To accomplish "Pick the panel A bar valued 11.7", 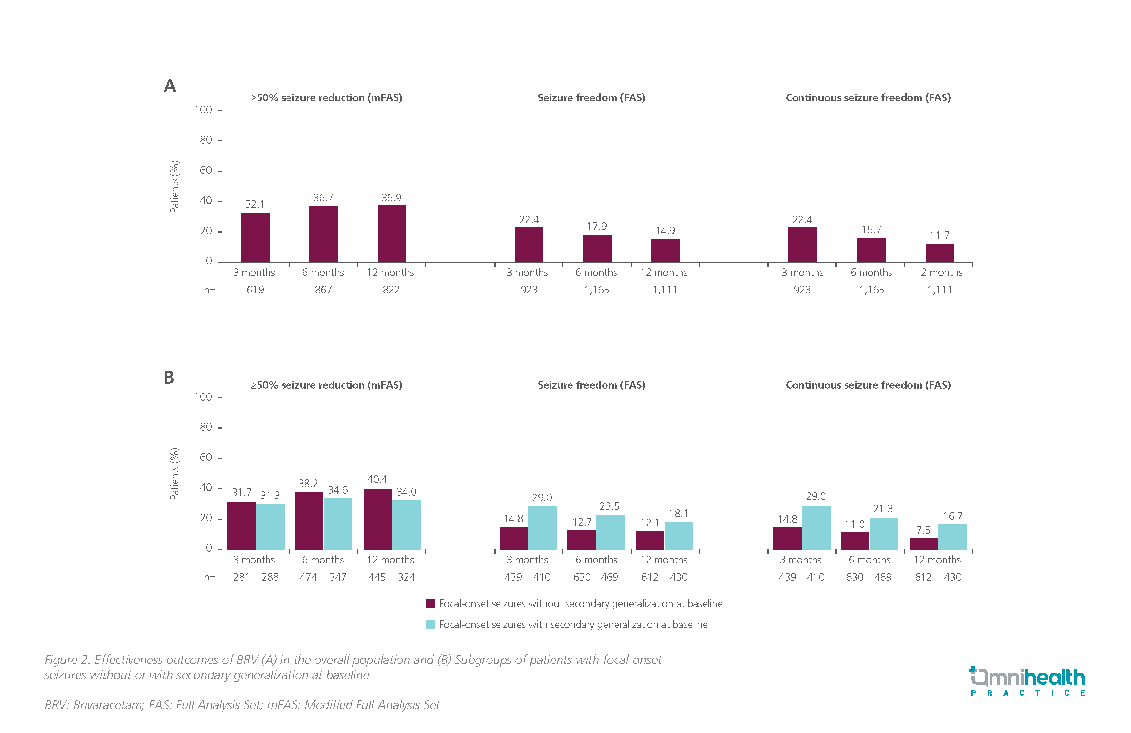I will pos(939,253).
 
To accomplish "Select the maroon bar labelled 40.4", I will pos(378,519).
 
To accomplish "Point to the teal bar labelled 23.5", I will pos(610,532).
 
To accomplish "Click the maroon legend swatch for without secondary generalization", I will pos(431,603).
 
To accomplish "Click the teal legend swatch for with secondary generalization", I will pos(431,624).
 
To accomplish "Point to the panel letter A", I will pos(170,86).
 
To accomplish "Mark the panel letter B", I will pos(169,377).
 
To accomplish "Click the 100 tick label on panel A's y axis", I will pos(203,110).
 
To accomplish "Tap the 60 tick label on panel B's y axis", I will pos(206,457).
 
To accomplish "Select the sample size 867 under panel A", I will pos(323,290).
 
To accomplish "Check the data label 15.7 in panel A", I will pos(871,230).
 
